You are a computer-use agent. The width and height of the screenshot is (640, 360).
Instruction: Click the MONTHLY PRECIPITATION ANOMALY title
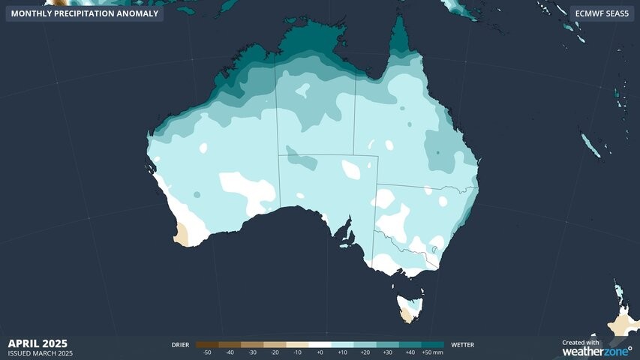point(85,13)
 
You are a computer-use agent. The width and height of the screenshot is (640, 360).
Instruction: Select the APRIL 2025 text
point(38,343)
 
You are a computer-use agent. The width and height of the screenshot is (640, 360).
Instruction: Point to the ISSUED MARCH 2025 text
point(41,353)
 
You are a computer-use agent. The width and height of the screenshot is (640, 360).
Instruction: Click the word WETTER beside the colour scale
point(463,345)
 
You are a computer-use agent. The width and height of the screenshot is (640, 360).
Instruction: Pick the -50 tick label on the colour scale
point(207,352)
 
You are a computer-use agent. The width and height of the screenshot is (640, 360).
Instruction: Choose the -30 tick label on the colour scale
point(253,352)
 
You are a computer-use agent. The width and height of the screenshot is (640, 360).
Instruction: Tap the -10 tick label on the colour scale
point(298,352)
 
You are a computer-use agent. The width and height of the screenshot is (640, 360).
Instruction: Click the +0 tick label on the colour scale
point(320,352)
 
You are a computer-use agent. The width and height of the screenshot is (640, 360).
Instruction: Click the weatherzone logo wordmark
point(596,351)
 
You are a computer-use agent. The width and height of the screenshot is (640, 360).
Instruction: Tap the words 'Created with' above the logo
point(581,342)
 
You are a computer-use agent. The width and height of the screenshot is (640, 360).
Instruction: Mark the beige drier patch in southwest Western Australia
point(182,235)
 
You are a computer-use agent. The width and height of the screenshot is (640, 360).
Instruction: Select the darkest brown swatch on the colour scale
point(207,345)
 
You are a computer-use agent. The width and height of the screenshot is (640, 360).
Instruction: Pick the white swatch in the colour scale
point(320,345)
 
